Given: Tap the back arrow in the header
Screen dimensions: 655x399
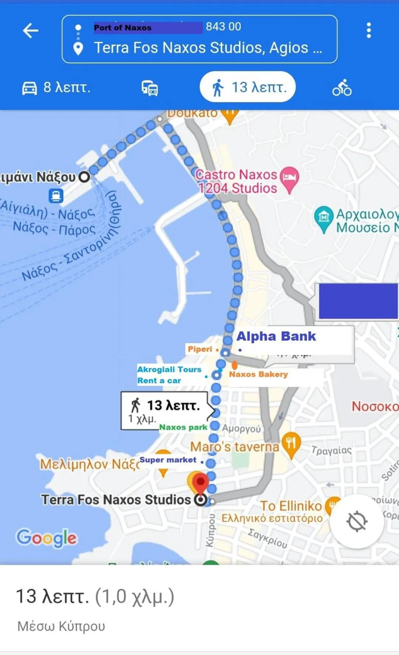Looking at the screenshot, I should click(x=31, y=30).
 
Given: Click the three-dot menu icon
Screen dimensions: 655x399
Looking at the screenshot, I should click(x=368, y=30).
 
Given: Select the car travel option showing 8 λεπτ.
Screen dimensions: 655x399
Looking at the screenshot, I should click(x=56, y=88).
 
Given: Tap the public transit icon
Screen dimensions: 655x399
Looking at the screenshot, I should click(x=150, y=88).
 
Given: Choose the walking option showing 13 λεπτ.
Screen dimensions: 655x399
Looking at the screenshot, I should click(x=248, y=87).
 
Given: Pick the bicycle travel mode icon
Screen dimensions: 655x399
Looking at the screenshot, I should click(x=342, y=88).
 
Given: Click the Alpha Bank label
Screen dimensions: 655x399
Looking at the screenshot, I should click(x=276, y=336).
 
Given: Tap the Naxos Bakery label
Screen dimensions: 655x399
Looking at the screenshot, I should click(x=258, y=374).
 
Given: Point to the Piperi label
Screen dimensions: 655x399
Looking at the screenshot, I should click(x=200, y=349).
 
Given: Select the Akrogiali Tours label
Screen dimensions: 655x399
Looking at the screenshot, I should click(x=169, y=370).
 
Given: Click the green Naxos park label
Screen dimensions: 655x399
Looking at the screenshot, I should click(x=183, y=427).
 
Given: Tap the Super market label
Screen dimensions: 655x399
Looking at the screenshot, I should click(x=168, y=460).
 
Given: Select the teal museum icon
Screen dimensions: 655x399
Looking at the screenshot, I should click(x=324, y=217).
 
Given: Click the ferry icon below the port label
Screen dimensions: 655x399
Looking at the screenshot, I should click(x=56, y=196).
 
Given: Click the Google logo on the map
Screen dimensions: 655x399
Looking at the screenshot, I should click(x=47, y=538).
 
